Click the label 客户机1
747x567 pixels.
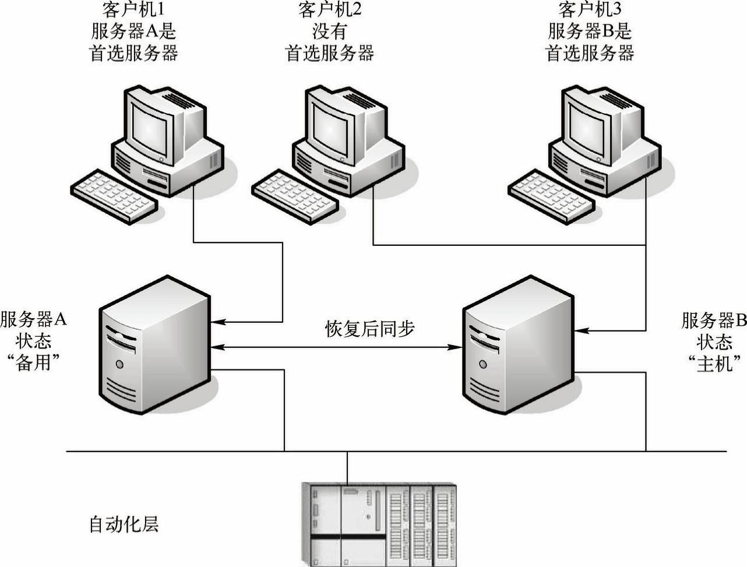coord(133,9)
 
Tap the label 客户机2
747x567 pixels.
coord(329,9)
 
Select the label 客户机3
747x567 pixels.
coord(589,9)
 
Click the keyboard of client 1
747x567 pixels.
coord(114,195)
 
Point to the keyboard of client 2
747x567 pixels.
coord(295,195)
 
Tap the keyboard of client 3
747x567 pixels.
coord(551,195)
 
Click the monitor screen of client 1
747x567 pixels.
coord(151,124)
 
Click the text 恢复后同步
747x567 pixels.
coord(369,329)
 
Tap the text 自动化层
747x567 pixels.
coord(124,524)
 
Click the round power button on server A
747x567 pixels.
coord(120,364)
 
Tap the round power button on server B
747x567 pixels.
coord(483,364)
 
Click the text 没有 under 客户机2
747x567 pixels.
coord(329,31)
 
